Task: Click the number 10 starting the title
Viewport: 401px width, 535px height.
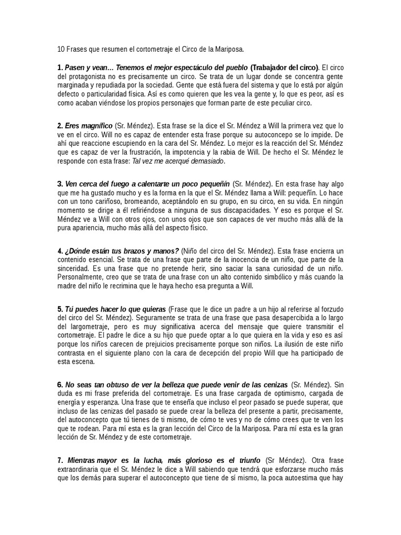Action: [61, 50]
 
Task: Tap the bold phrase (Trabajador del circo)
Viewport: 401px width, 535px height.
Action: [284, 68]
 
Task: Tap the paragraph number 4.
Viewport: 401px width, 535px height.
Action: [60, 251]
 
